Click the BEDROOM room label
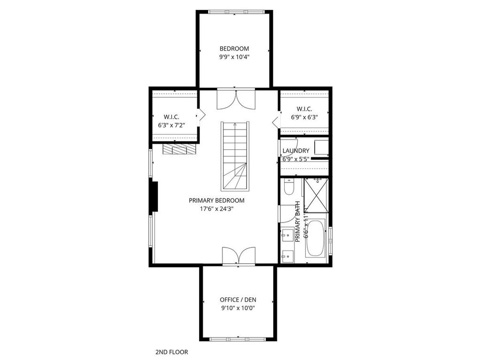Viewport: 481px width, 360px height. pos(234,48)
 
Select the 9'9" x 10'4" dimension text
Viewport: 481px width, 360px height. pos(234,57)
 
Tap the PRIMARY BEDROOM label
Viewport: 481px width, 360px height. pos(217,200)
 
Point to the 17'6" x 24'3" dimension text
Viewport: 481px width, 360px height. pos(217,209)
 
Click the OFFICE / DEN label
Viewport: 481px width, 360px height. pos(238,299)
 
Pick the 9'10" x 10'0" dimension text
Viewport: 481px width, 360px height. pos(238,308)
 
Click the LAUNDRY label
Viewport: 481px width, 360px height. pos(296,151)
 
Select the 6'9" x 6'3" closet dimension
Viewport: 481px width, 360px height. pos(304,117)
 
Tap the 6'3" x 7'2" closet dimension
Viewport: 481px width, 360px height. pos(171,125)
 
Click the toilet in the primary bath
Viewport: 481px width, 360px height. pos(289,187)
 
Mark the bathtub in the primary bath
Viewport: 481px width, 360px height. pos(315,238)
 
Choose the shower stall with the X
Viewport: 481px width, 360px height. pos(316,195)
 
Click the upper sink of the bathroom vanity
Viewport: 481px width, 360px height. pos(287,236)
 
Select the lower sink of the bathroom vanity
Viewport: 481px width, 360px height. pos(287,256)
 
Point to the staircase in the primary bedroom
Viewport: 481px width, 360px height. pos(235,156)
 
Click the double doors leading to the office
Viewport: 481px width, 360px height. pos(239,256)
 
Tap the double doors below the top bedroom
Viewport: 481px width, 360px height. pos(236,99)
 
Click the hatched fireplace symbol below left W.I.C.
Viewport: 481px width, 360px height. pos(179,149)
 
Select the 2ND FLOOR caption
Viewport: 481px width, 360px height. pos(172,352)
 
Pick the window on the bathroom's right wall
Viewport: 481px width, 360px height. pos(330,241)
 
